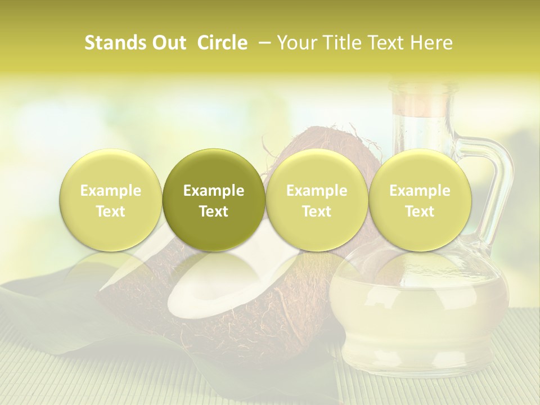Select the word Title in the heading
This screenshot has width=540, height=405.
[x=341, y=43]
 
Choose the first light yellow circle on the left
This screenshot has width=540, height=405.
[x=110, y=200]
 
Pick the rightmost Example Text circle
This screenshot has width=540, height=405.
[x=420, y=200]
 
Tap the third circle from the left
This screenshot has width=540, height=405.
[x=317, y=200]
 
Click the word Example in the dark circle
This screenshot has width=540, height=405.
[x=214, y=191]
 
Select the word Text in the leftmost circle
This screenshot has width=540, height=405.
[x=110, y=211]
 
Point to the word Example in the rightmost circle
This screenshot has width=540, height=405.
[x=420, y=191]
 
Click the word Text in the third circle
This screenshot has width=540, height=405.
[x=317, y=211]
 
